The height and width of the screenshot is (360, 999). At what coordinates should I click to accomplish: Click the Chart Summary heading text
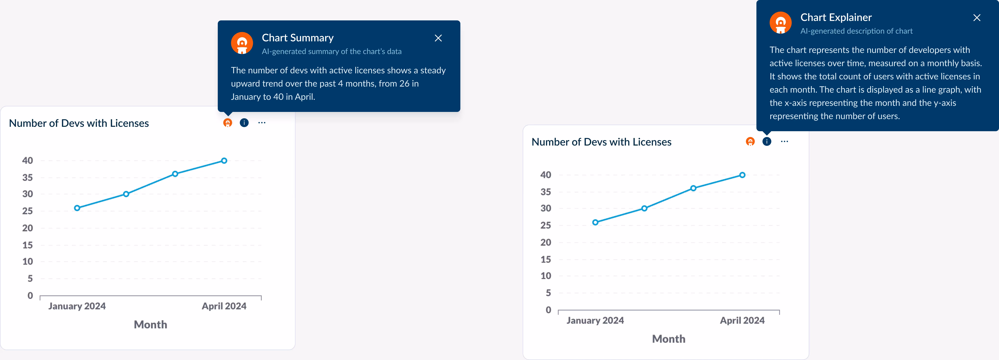pyautogui.click(x=297, y=38)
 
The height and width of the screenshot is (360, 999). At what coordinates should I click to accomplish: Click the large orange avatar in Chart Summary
pyautogui.click(x=242, y=43)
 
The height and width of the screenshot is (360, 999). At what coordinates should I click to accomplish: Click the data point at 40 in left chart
pyautogui.click(x=224, y=161)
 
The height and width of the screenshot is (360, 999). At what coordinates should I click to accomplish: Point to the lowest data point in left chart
pyautogui.click(x=77, y=208)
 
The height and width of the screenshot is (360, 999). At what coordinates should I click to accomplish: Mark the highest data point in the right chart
pyautogui.click(x=742, y=175)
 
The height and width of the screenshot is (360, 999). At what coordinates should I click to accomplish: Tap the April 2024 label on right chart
pyautogui.click(x=742, y=320)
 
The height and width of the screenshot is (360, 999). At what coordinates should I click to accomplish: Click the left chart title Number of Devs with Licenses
pyautogui.click(x=79, y=123)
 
